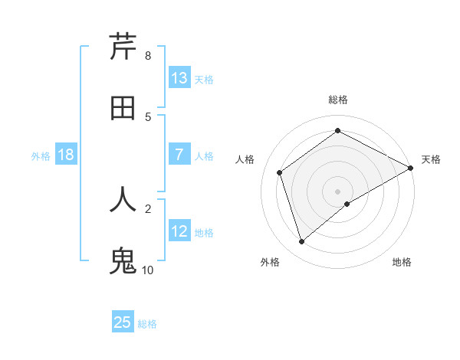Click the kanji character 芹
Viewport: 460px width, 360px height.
point(123,47)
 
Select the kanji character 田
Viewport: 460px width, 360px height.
point(123,109)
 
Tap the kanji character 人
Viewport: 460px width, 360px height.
point(123,199)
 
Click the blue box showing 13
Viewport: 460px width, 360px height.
point(179,78)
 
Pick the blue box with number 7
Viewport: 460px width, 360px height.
point(179,155)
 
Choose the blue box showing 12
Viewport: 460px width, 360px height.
point(179,231)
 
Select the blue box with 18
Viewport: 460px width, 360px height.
point(66,155)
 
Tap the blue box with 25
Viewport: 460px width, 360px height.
point(123,322)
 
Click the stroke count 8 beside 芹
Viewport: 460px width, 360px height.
point(148,56)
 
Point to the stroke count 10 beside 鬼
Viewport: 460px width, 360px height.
point(148,270)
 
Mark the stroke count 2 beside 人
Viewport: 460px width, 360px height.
point(148,208)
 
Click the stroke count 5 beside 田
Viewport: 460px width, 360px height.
point(148,117)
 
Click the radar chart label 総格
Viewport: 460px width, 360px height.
point(337,100)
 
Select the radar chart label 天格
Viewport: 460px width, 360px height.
point(431,159)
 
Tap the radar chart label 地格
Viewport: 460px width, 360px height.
point(402,262)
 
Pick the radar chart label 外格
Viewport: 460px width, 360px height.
point(270,262)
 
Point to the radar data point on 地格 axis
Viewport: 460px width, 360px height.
point(347,204)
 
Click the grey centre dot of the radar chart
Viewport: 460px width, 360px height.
point(337,191)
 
